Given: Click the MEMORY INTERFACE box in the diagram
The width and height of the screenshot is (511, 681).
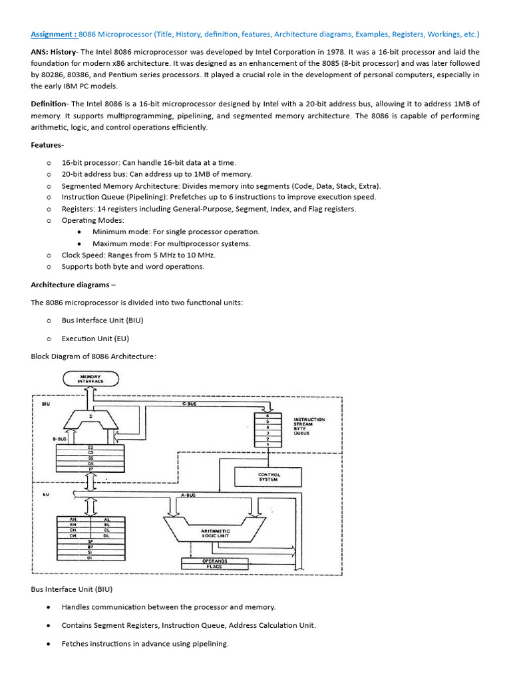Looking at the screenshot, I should [x=91, y=379].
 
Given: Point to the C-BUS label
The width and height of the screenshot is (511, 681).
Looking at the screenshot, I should [x=190, y=404].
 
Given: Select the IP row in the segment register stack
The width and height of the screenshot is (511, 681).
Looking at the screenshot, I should [x=90, y=468].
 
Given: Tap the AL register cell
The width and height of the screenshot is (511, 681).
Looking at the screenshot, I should [x=106, y=518].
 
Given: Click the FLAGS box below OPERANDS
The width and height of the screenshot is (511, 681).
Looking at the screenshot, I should [x=215, y=567].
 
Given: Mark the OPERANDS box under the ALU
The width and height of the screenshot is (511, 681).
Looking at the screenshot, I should [x=215, y=561].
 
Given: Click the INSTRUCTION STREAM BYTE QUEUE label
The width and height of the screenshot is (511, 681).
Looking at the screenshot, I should [x=309, y=426].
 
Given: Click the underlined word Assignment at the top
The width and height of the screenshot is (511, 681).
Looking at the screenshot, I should [x=53, y=34].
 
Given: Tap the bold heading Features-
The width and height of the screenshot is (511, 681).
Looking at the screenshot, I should [x=47, y=145].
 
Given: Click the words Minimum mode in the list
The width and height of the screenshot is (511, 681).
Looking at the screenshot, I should [x=120, y=231].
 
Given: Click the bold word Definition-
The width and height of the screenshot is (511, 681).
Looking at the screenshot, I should [x=49, y=104].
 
